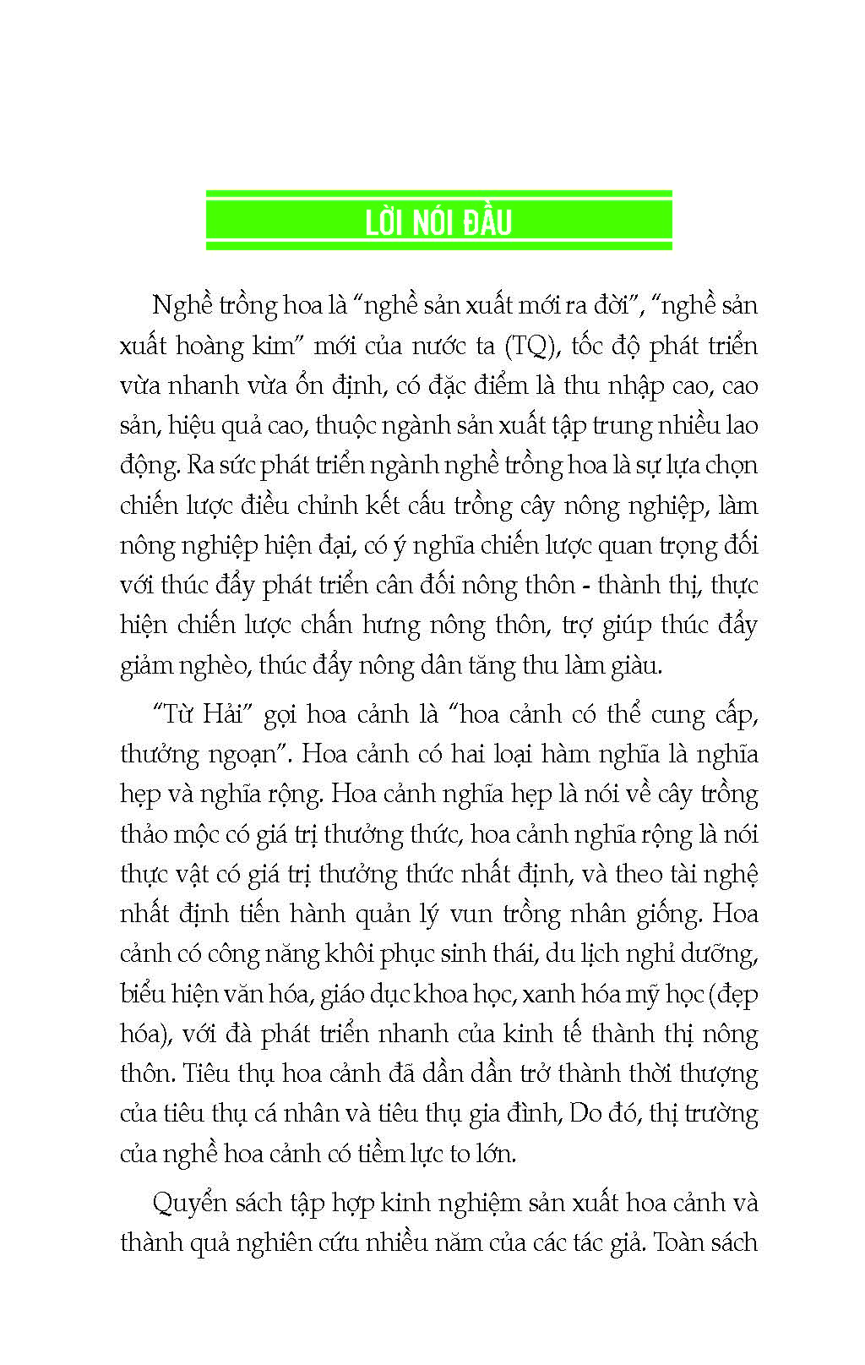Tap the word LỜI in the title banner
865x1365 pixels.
385,222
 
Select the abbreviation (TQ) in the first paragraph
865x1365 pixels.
530,346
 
